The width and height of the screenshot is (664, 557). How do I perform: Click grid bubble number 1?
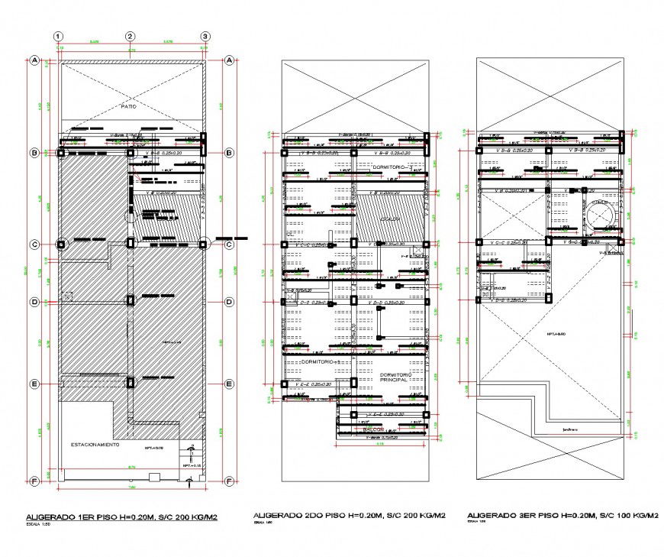coord(59,36)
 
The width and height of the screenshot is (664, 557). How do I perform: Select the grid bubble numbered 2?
coord(131,36)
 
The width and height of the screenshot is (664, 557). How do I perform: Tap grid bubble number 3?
coord(205,36)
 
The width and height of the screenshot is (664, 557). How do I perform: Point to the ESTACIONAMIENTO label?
coord(95,444)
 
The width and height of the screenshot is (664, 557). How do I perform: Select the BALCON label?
coord(372,429)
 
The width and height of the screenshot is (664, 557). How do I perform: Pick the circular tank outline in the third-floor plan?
coord(604,215)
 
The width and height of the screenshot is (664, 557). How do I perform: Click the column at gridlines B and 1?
coord(60,153)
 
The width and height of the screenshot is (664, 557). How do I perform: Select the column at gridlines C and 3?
coord(204,244)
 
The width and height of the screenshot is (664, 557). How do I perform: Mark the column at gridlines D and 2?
coord(131,302)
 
